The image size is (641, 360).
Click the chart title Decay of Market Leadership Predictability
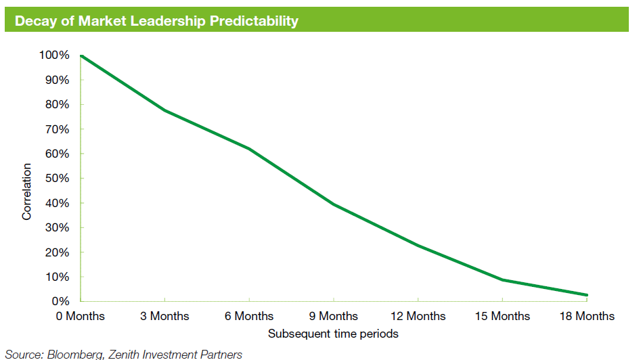[156, 21]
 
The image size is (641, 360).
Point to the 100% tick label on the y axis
[55, 55]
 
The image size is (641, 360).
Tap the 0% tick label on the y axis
[60, 301]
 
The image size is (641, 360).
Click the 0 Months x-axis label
[80, 316]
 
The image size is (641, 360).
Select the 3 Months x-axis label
[164, 316]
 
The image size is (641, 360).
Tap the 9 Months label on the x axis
[333, 316]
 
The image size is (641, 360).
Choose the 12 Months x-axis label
[418, 316]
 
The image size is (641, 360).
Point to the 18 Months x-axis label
[586, 316]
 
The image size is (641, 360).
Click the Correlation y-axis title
[27, 191]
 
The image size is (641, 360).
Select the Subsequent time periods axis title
[333, 334]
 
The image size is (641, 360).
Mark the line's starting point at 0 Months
[81, 55]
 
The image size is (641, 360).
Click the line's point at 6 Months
[249, 148]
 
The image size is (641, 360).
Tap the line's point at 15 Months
[502, 279]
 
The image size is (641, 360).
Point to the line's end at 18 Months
[586, 294]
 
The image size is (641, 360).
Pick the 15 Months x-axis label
[502, 316]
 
